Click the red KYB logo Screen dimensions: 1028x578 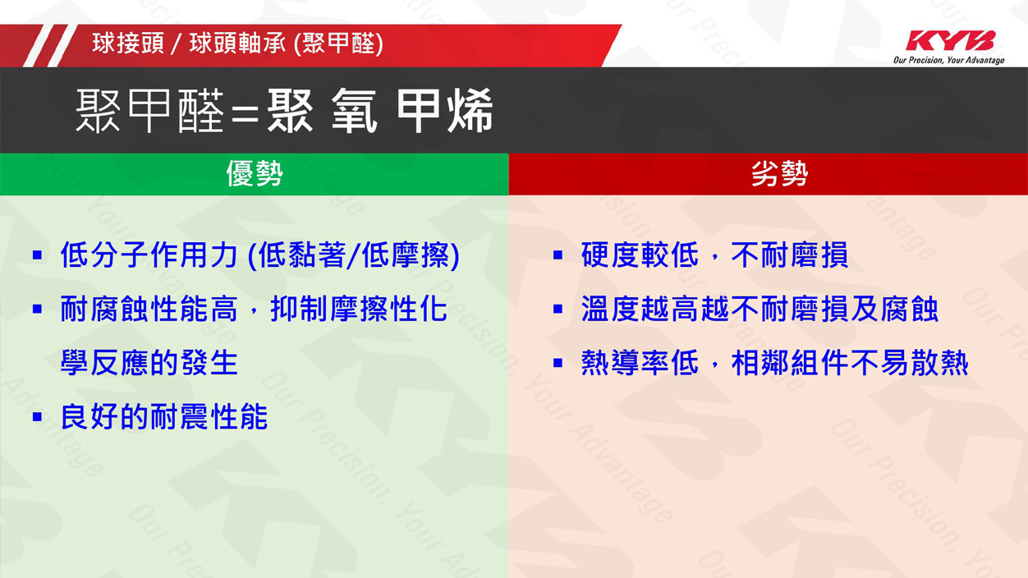[951, 40]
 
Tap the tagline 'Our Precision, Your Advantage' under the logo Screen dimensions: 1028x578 [948, 60]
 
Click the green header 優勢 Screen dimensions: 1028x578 [255, 174]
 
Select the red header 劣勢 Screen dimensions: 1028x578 [779, 174]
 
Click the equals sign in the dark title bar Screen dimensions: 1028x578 [246, 112]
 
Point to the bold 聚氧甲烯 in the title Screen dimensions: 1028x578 [380, 111]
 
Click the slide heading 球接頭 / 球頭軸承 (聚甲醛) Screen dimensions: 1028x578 [238, 44]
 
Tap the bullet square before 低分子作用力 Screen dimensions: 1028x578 [37, 255]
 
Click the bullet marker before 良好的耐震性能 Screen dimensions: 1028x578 [37, 417]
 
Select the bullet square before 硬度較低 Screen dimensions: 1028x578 [558, 255]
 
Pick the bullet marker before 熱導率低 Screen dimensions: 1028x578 [558, 363]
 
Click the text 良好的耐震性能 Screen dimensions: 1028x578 [164, 417]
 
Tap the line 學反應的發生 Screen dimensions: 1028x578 [149, 363]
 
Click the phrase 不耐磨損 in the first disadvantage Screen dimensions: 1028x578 [789, 255]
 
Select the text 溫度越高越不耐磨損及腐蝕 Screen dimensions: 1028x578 [760, 309]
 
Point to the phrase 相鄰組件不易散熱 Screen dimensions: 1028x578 [850, 363]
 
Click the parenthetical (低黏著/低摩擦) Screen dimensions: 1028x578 [353, 255]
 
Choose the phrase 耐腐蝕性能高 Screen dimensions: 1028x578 [149, 309]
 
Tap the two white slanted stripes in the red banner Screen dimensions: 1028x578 [49, 45]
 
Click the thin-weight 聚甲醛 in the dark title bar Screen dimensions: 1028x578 [149, 111]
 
